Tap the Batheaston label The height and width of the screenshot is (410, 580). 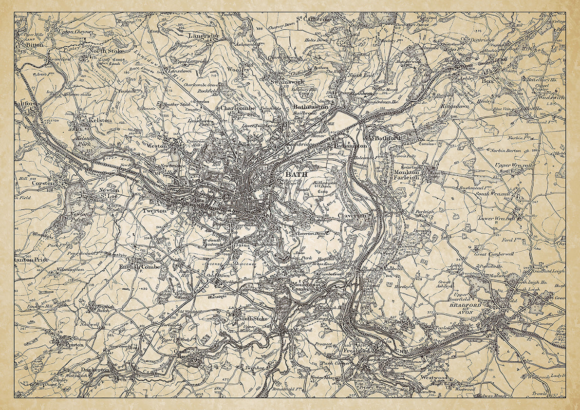[310, 107]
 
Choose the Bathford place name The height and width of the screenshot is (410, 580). [388, 138]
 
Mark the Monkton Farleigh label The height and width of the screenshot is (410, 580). [406, 175]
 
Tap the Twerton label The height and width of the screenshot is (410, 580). [154, 211]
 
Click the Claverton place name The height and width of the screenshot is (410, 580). [352, 215]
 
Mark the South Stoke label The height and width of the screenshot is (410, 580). [252, 319]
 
